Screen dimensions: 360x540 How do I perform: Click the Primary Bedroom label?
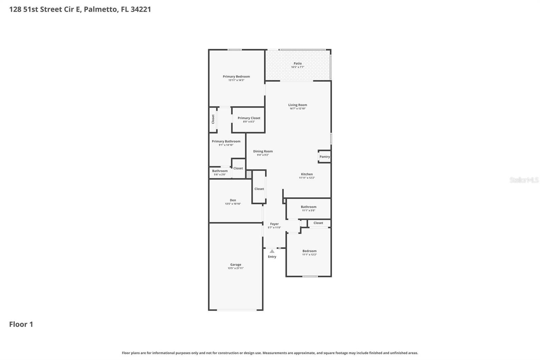pyautogui.click(x=236, y=77)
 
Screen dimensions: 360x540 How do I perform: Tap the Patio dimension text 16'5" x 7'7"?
pyautogui.click(x=297, y=67)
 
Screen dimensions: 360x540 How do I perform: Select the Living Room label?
pyautogui.click(x=297, y=105)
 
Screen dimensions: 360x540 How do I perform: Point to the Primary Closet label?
pyautogui.click(x=249, y=118)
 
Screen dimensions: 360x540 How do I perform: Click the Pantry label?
pyautogui.click(x=324, y=157)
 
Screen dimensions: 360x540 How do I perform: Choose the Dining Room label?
pyautogui.click(x=263, y=151)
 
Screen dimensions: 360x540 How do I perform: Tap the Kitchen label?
pyautogui.click(x=306, y=174)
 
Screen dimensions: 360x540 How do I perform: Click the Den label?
pyautogui.click(x=233, y=200)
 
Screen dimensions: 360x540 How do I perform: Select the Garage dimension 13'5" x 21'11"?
pyautogui.click(x=236, y=268)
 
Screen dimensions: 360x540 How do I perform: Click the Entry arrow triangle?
pyautogui.click(x=272, y=251)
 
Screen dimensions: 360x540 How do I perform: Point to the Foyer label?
pyautogui.click(x=274, y=224)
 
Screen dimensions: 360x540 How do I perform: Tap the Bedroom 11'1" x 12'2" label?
pyautogui.click(x=309, y=251)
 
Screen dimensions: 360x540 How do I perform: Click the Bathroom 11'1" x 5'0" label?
pyautogui.click(x=308, y=207)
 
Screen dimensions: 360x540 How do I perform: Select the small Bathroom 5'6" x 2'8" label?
pyautogui.click(x=220, y=171)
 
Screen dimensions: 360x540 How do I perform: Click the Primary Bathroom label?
pyautogui.click(x=226, y=142)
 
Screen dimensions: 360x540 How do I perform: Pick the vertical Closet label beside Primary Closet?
pyautogui.click(x=213, y=119)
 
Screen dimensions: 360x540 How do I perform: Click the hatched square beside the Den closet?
pyautogui.click(x=249, y=174)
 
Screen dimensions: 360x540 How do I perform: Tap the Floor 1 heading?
pyautogui.click(x=21, y=324)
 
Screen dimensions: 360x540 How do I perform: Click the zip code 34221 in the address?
pyautogui.click(x=140, y=9)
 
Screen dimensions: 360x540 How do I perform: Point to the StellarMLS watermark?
pyautogui.click(x=524, y=180)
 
